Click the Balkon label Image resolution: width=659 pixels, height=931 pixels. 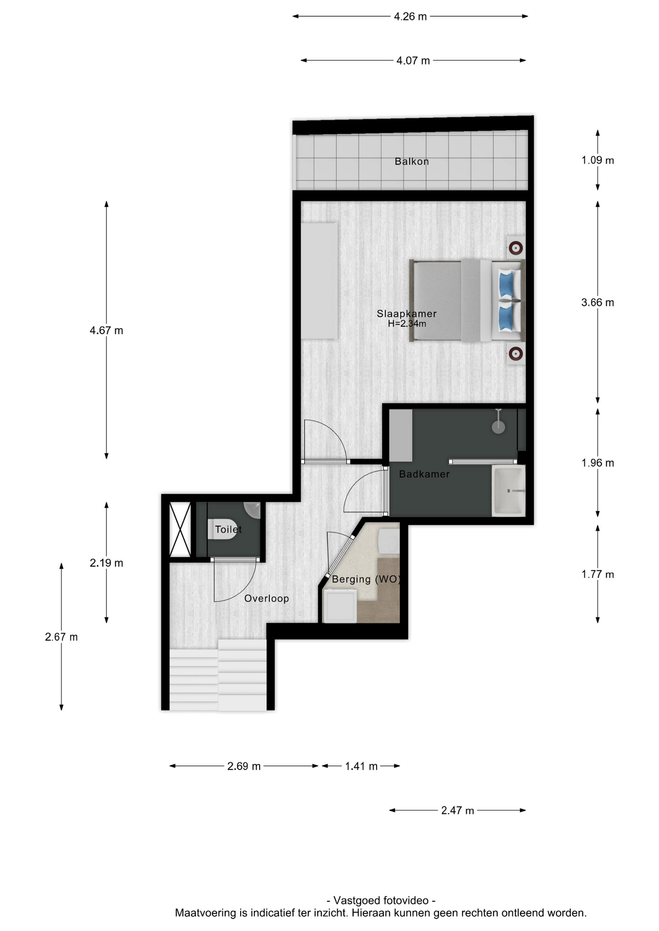[412, 161]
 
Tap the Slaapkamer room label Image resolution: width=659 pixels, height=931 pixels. [407, 314]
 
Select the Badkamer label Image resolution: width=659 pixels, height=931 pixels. [424, 474]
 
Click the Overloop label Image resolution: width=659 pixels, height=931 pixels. [266, 598]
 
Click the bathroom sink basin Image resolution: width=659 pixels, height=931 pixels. [509, 491]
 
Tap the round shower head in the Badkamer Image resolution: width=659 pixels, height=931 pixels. [498, 427]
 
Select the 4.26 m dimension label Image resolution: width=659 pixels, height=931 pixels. [410, 16]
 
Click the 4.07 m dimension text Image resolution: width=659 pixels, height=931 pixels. [413, 61]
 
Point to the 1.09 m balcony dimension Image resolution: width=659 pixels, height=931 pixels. [598, 160]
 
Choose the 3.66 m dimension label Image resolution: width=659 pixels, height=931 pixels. [598, 303]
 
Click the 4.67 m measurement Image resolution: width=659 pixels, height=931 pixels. [106, 331]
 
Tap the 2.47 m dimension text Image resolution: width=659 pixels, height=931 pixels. [458, 810]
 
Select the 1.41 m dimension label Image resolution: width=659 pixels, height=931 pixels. [361, 766]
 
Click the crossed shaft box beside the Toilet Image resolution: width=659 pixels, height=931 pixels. [180, 530]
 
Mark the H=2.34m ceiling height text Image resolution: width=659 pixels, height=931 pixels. [407, 323]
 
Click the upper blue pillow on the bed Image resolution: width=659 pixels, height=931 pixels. [506, 284]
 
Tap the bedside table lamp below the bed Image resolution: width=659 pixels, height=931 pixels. [515, 353]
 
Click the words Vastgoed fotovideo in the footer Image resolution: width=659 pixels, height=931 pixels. [382, 900]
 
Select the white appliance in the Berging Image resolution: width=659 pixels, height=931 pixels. [340, 606]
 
